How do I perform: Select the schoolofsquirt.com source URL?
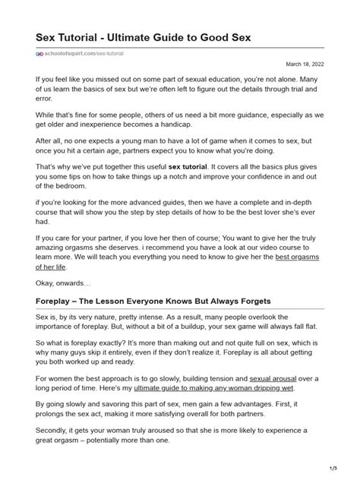[x=87, y=54]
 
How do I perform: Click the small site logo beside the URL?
[x=41, y=54]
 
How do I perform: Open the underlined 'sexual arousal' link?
[x=275, y=377]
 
